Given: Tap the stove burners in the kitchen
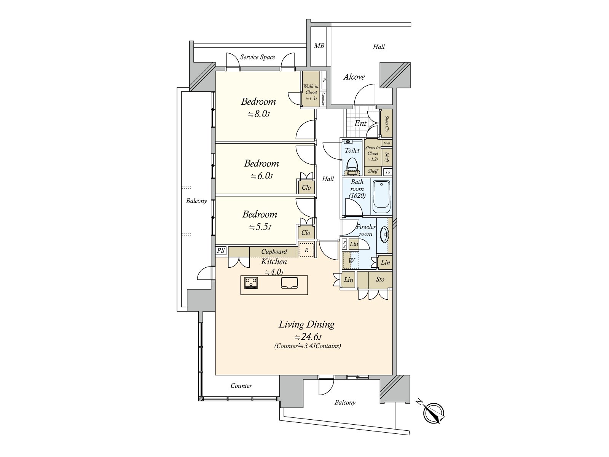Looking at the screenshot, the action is (251, 283).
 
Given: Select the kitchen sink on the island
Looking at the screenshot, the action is (289, 283).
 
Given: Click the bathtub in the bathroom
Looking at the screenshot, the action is (381, 197).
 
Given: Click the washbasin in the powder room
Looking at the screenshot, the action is (385, 235).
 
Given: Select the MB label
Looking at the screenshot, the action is (319, 45).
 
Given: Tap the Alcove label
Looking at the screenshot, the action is (354, 77).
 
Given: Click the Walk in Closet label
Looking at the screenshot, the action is (311, 89).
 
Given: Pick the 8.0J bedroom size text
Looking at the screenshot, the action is (259, 114).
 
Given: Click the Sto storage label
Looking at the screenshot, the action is (380, 280).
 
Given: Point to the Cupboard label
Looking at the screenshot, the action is (274, 252).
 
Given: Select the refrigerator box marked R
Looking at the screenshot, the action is (306, 250).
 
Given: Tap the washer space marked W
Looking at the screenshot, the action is (351, 260).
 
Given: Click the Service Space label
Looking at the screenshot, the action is (257, 57).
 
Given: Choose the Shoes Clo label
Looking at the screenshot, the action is (386, 123).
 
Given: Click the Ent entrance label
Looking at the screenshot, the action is (360, 123).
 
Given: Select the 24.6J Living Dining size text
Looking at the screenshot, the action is (308, 337).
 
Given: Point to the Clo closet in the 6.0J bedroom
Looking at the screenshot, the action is (306, 187).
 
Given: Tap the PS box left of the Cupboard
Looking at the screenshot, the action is (220, 251).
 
